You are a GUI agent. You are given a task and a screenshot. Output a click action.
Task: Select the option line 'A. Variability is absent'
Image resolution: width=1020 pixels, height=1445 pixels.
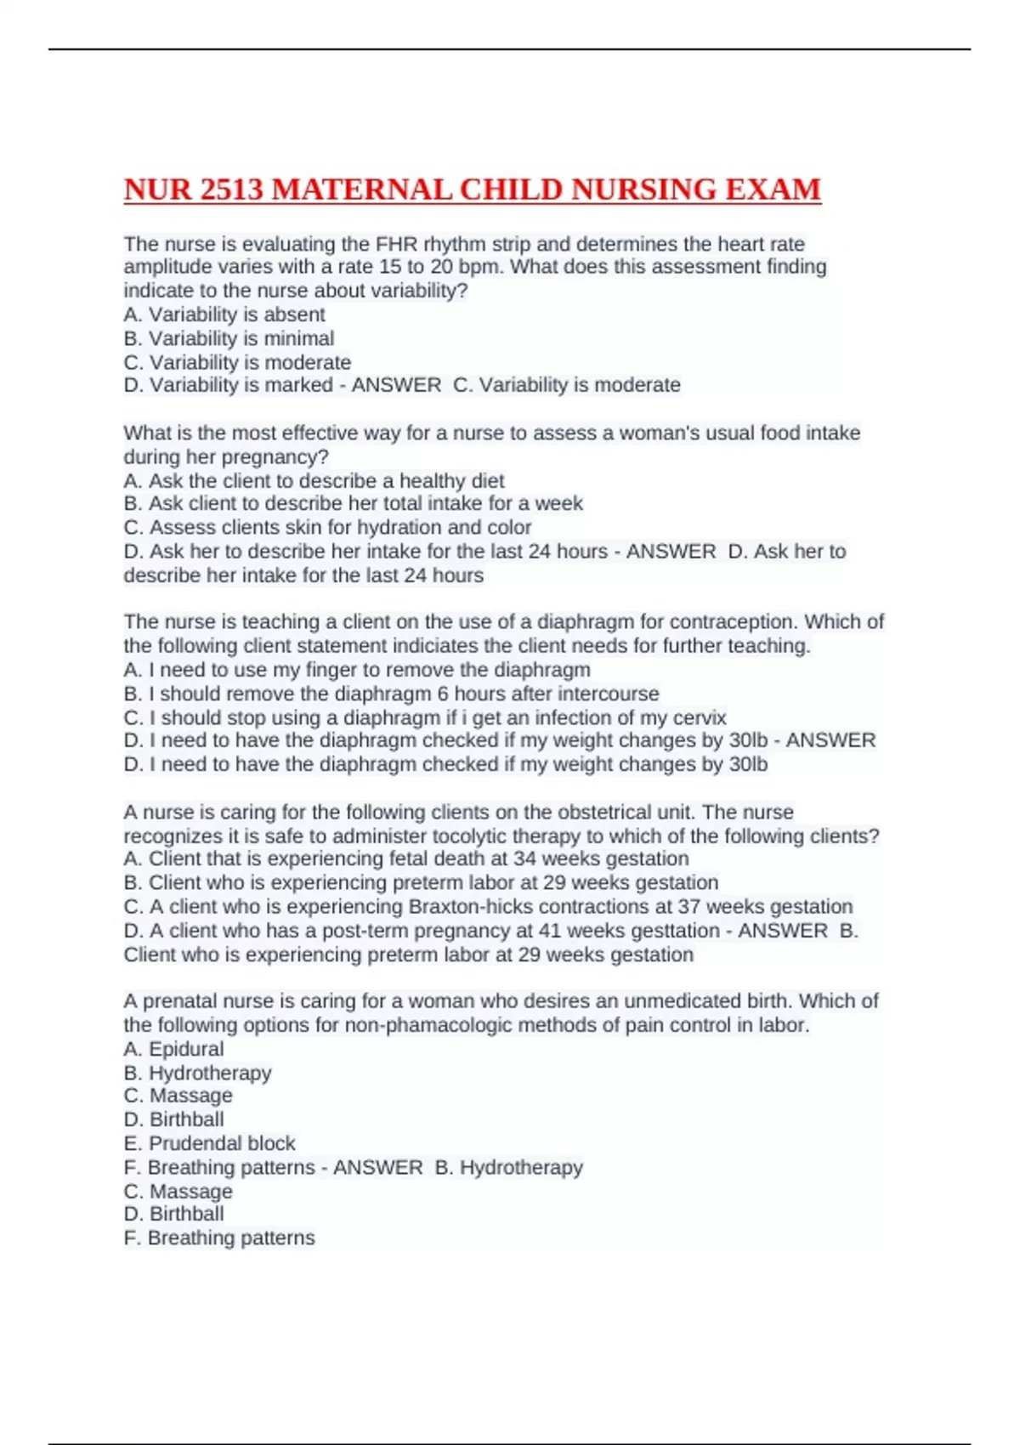224,314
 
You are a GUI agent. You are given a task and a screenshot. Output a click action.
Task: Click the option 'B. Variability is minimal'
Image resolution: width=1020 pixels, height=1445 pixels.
229,338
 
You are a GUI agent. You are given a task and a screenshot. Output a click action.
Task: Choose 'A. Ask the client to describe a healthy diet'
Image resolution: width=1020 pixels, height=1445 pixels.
314,480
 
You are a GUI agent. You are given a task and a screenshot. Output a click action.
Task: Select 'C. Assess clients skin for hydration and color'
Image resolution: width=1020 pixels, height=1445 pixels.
327,527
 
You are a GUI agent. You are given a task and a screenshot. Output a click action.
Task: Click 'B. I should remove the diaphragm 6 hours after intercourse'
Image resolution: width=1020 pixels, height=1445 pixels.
391,694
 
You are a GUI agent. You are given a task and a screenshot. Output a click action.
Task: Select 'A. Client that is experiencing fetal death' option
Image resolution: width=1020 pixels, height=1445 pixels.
405,858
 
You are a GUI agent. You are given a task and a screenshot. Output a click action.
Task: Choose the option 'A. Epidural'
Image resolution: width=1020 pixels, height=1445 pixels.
174,1049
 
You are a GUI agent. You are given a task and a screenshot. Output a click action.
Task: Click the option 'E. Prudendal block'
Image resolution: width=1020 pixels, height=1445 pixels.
209,1143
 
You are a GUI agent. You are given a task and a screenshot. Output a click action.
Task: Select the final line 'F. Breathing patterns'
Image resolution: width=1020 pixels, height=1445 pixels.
219,1238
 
